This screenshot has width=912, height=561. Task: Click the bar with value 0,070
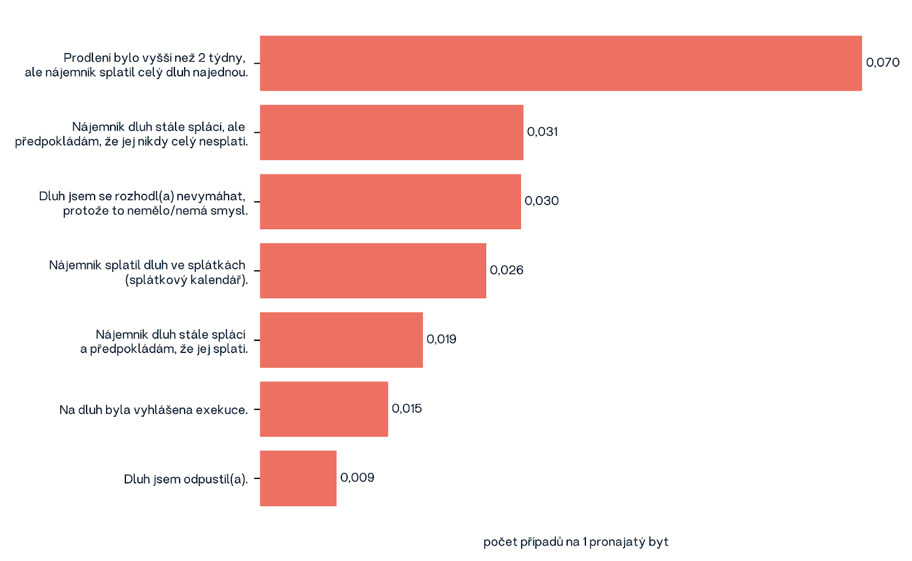[560, 63]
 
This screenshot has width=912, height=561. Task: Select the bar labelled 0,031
[391, 132]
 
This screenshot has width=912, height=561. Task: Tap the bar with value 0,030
[390, 202]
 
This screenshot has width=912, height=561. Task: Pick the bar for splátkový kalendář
[373, 271]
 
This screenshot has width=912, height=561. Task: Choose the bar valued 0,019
[341, 340]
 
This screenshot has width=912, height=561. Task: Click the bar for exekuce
[324, 409]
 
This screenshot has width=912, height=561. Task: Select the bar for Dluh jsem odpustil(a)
[298, 478]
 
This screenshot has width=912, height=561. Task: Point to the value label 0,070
[882, 63]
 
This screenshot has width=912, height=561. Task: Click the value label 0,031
[542, 132]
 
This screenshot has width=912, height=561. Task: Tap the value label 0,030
[541, 201]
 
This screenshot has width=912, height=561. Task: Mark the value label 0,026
[506, 270]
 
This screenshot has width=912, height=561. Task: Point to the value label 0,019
[441, 339]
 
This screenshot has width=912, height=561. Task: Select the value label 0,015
[406, 409]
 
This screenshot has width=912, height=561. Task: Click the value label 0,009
[357, 478]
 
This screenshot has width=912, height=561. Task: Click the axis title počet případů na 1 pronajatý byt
[576, 542]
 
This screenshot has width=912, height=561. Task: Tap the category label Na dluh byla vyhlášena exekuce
[153, 410]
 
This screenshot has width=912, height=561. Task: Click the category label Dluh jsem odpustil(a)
[186, 479]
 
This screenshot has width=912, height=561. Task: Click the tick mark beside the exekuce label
[256, 409]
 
